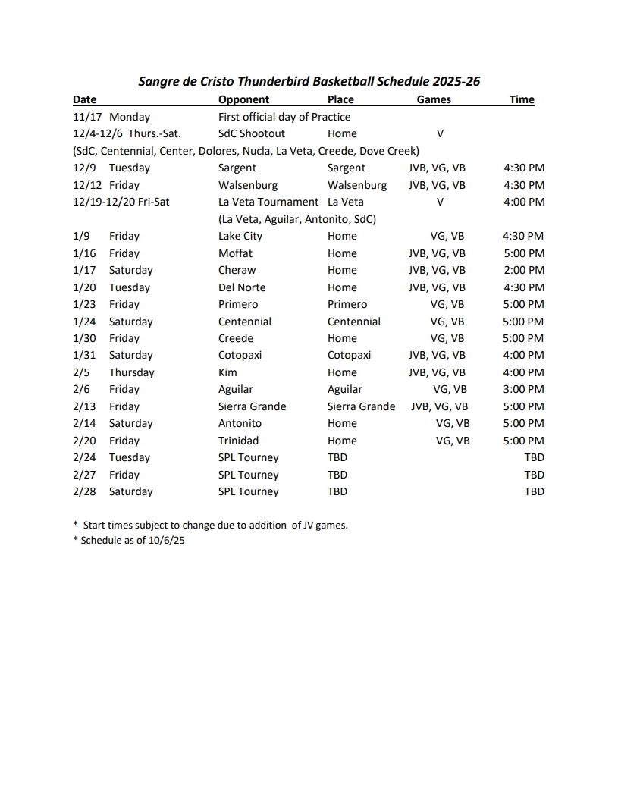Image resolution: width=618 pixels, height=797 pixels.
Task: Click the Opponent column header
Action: coord(243,99)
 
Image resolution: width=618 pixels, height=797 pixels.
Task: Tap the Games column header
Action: coord(434,99)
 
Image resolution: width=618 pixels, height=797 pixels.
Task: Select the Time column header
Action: coord(522,99)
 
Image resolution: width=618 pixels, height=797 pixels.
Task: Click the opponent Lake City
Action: coord(240,236)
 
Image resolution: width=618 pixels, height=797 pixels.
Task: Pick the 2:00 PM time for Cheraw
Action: coord(523,270)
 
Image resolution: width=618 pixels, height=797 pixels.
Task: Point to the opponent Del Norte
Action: coord(242,287)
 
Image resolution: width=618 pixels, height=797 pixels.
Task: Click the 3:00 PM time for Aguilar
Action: coord(523,389)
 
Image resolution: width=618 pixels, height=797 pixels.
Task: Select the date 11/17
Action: coord(85,117)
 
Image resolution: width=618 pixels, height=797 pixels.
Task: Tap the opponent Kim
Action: coord(227,372)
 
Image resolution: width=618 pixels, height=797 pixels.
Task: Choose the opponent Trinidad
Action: coord(238,441)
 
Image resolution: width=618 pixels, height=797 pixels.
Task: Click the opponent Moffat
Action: coord(235,253)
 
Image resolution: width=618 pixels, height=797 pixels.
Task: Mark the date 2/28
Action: coord(85,491)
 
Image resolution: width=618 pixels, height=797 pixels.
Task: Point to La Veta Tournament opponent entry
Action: coord(268,202)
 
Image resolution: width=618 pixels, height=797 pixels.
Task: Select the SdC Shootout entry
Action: coord(252,133)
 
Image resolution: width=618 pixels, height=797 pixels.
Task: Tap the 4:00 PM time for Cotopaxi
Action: coord(523,355)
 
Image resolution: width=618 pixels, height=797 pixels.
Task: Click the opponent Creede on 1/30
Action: coord(236,338)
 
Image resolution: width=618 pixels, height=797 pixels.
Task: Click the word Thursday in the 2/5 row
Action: coord(131,372)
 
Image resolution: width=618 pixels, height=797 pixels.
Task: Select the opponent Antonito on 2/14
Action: coord(240,423)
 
